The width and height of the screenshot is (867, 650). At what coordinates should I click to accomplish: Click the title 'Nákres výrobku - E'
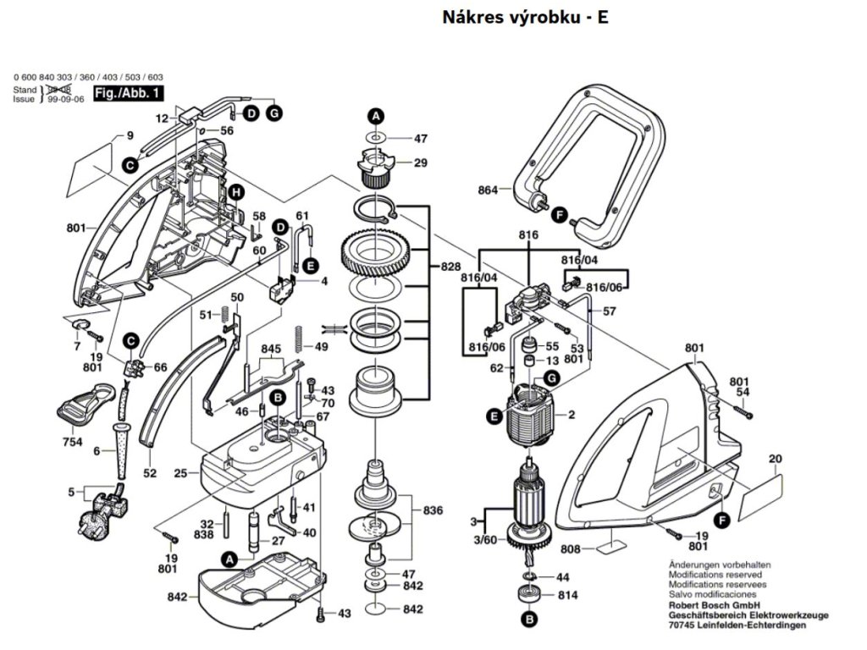pyautogui.click(x=525, y=17)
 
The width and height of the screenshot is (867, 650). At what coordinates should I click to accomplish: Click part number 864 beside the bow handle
pyautogui.click(x=488, y=190)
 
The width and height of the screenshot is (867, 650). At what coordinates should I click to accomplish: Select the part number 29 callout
pyautogui.click(x=420, y=162)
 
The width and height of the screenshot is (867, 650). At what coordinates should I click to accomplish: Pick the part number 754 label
pyautogui.click(x=72, y=443)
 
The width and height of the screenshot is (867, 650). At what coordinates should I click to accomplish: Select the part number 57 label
pyautogui.click(x=609, y=312)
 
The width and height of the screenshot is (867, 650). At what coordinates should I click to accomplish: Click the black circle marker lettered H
pyautogui.click(x=237, y=193)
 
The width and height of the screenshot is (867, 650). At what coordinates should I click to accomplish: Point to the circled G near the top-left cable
pyautogui.click(x=274, y=113)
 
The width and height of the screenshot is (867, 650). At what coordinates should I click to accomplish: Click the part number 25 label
pyautogui.click(x=180, y=473)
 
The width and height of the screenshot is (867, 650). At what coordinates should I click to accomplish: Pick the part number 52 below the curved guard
pyautogui.click(x=150, y=473)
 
